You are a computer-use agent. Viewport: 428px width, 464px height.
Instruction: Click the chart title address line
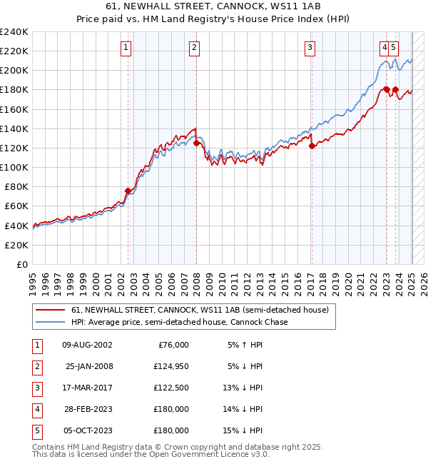coord(214,6)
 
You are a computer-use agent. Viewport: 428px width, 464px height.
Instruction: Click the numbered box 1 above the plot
coord(126,48)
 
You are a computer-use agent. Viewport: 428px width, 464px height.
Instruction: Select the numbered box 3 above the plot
coord(311,48)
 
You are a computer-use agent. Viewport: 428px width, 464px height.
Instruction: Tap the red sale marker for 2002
coord(128,191)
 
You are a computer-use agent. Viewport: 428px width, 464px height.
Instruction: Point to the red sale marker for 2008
coord(196,143)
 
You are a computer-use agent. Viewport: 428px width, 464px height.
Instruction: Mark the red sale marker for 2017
coord(312,146)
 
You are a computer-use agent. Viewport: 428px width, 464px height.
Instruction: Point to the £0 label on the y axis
coord(21,264)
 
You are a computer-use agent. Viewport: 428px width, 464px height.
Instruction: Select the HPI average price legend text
coord(179,322)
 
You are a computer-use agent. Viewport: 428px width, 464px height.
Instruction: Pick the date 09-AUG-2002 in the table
coord(88,345)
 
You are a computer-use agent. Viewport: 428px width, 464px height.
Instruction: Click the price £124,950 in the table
coord(169,366)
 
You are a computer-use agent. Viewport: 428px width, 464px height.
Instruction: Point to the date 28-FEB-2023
coord(88,409)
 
